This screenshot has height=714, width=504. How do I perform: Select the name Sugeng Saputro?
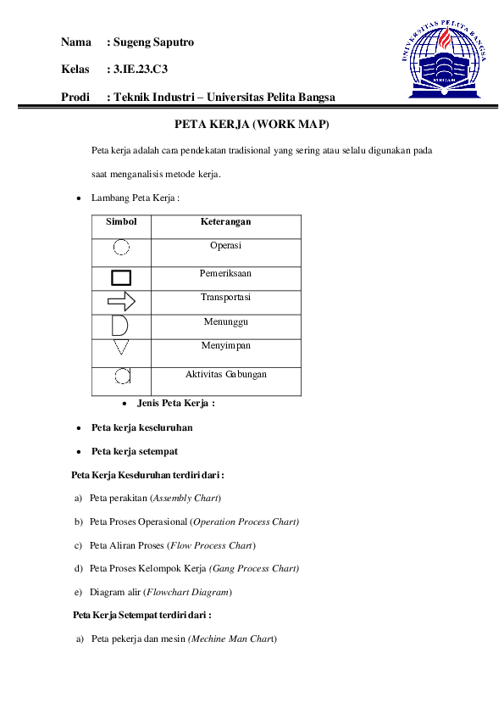click(153, 42)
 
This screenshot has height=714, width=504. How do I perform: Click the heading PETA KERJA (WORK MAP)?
click(251, 125)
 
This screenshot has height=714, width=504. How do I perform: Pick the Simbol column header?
click(121, 222)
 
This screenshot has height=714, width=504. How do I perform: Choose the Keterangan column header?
click(225, 222)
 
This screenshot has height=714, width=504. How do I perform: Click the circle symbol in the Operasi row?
click(121, 248)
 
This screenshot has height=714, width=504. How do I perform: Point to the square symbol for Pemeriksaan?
click(121, 277)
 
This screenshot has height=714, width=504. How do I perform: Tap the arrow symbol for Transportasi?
click(121, 300)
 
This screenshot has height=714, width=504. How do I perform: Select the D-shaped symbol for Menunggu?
click(120, 326)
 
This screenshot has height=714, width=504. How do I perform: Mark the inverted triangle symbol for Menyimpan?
click(121, 349)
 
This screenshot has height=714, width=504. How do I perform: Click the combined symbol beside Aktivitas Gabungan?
click(122, 376)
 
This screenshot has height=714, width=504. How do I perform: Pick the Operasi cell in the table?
click(225, 246)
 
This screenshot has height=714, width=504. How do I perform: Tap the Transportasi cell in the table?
click(225, 298)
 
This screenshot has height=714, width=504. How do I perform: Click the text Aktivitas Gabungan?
click(226, 374)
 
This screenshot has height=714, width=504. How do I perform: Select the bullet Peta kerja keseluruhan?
click(142, 427)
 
